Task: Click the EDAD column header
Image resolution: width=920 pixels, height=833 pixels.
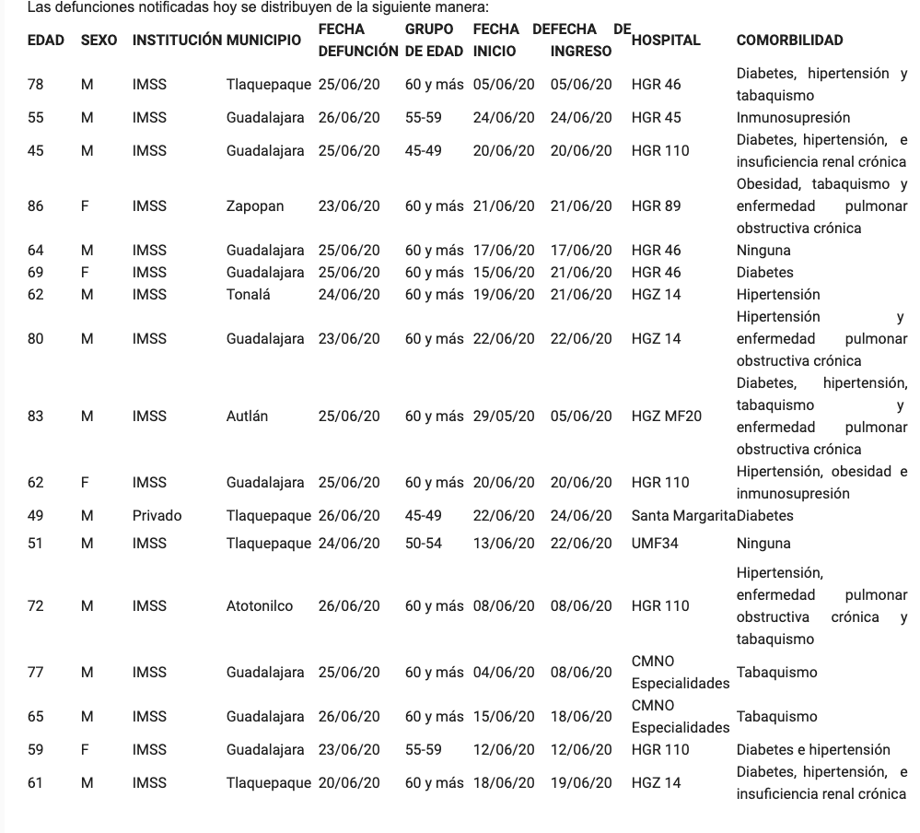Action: pyautogui.click(x=46, y=41)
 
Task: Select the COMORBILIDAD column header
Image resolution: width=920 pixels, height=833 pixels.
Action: pyautogui.click(x=789, y=41)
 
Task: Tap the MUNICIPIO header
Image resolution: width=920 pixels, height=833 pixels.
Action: pyautogui.click(x=263, y=41)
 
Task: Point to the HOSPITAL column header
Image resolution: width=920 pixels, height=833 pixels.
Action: pyautogui.click(x=666, y=41)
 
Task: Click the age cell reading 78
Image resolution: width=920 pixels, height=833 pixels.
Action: pyautogui.click(x=36, y=85)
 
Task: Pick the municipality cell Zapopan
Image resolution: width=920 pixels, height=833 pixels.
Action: pyautogui.click(x=255, y=206)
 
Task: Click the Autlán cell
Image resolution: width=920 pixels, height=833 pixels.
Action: pyautogui.click(x=247, y=416)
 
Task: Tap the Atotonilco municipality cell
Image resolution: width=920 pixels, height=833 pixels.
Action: pyautogui.click(x=260, y=606)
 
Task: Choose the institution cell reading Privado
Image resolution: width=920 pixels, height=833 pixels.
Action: pyautogui.click(x=157, y=516)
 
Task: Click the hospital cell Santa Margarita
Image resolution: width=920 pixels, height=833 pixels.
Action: pyautogui.click(x=682, y=516)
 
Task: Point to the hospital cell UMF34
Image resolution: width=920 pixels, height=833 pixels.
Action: pyautogui.click(x=655, y=544)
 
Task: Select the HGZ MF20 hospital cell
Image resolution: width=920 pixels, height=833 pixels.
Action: pyautogui.click(x=666, y=416)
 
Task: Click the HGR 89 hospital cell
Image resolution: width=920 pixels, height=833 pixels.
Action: pyautogui.click(x=656, y=206)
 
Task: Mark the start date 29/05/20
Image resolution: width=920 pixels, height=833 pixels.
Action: pyautogui.click(x=503, y=416)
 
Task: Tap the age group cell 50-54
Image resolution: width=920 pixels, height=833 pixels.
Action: pyautogui.click(x=423, y=544)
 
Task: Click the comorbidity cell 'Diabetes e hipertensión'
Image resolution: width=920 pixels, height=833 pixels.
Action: pyautogui.click(x=813, y=750)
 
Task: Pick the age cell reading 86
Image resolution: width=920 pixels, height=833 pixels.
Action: pyautogui.click(x=36, y=206)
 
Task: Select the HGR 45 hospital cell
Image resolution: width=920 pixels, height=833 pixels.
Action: pyautogui.click(x=656, y=118)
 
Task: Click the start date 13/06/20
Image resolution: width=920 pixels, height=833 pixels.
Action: pyautogui.click(x=503, y=544)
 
